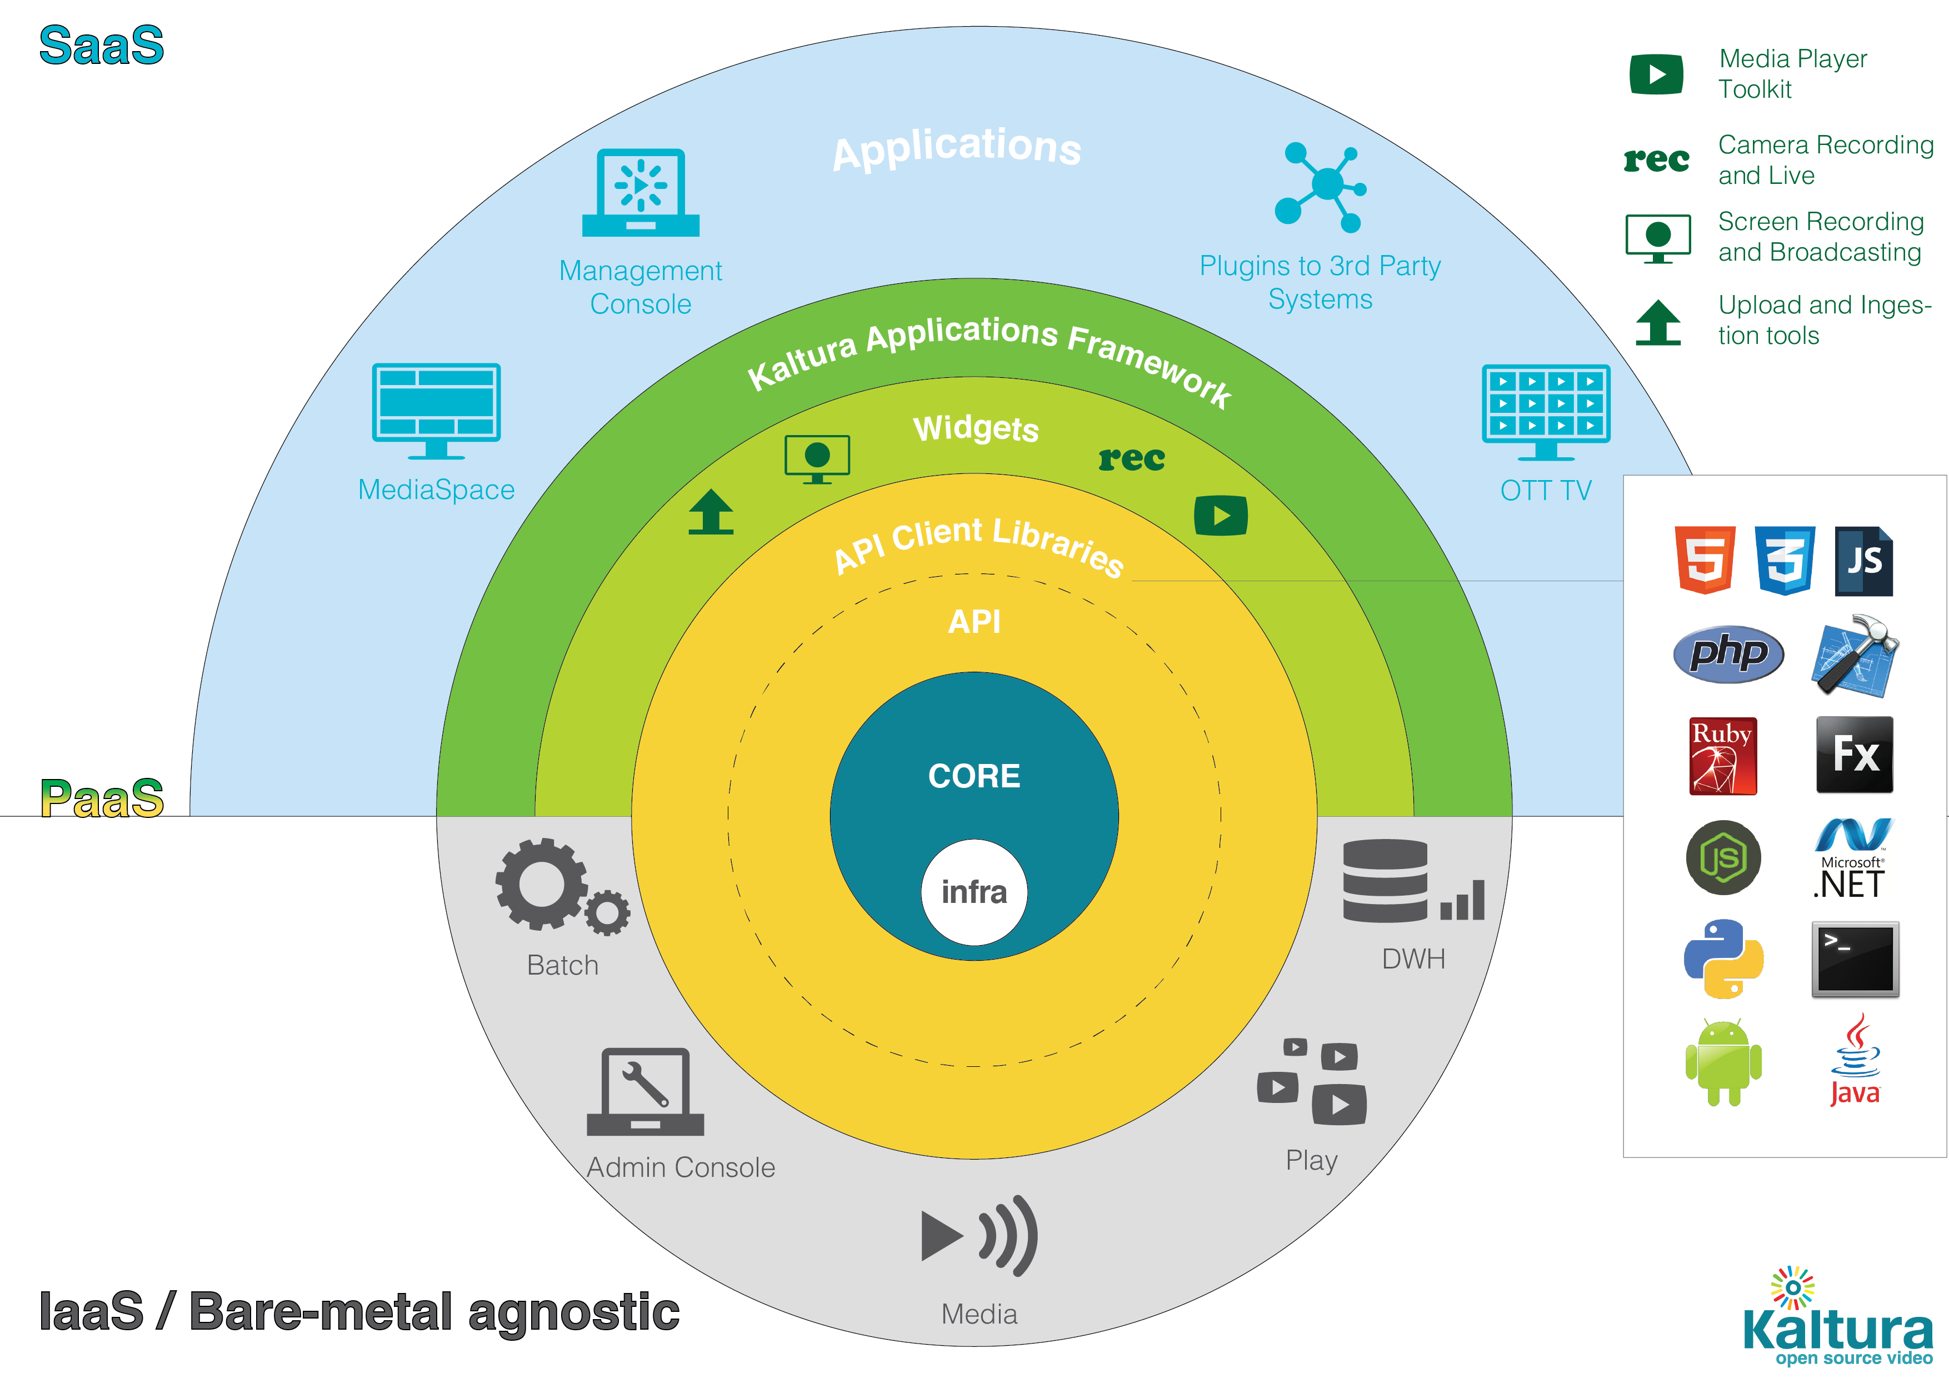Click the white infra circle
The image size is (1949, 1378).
point(973,892)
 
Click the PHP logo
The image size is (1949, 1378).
point(1727,654)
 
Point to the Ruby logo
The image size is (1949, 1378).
point(1722,756)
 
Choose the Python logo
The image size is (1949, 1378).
point(1723,958)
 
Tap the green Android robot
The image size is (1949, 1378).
point(1723,1063)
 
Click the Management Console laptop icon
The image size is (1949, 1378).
point(641,193)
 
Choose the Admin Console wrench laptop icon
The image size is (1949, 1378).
point(645,1092)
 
